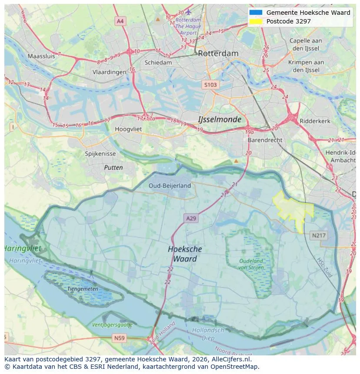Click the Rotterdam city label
[218, 53]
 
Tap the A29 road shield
[191, 218]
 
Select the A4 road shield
[120, 21]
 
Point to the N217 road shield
[319, 235]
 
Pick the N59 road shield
[119, 338]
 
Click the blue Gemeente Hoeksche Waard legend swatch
[256, 13]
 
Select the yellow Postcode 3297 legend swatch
[256, 21]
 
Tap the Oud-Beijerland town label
[170, 185]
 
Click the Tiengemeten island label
[82, 288]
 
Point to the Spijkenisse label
[100, 154]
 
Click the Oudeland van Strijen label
[251, 264]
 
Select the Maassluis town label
[41, 56]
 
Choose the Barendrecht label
[265, 140]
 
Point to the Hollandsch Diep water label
[208, 334]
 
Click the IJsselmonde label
[220, 119]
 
